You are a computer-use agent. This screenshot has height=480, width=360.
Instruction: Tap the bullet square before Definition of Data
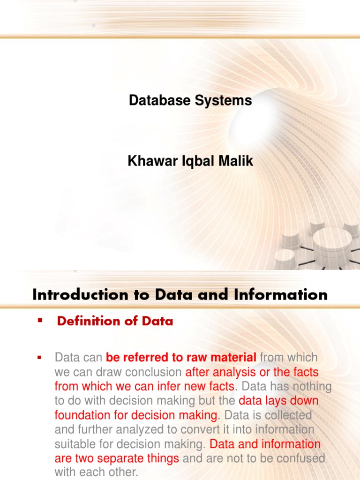click(39, 320)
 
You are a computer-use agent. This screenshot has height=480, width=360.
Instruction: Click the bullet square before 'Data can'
click(39, 357)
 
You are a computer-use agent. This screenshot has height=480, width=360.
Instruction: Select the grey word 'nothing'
click(310, 387)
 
